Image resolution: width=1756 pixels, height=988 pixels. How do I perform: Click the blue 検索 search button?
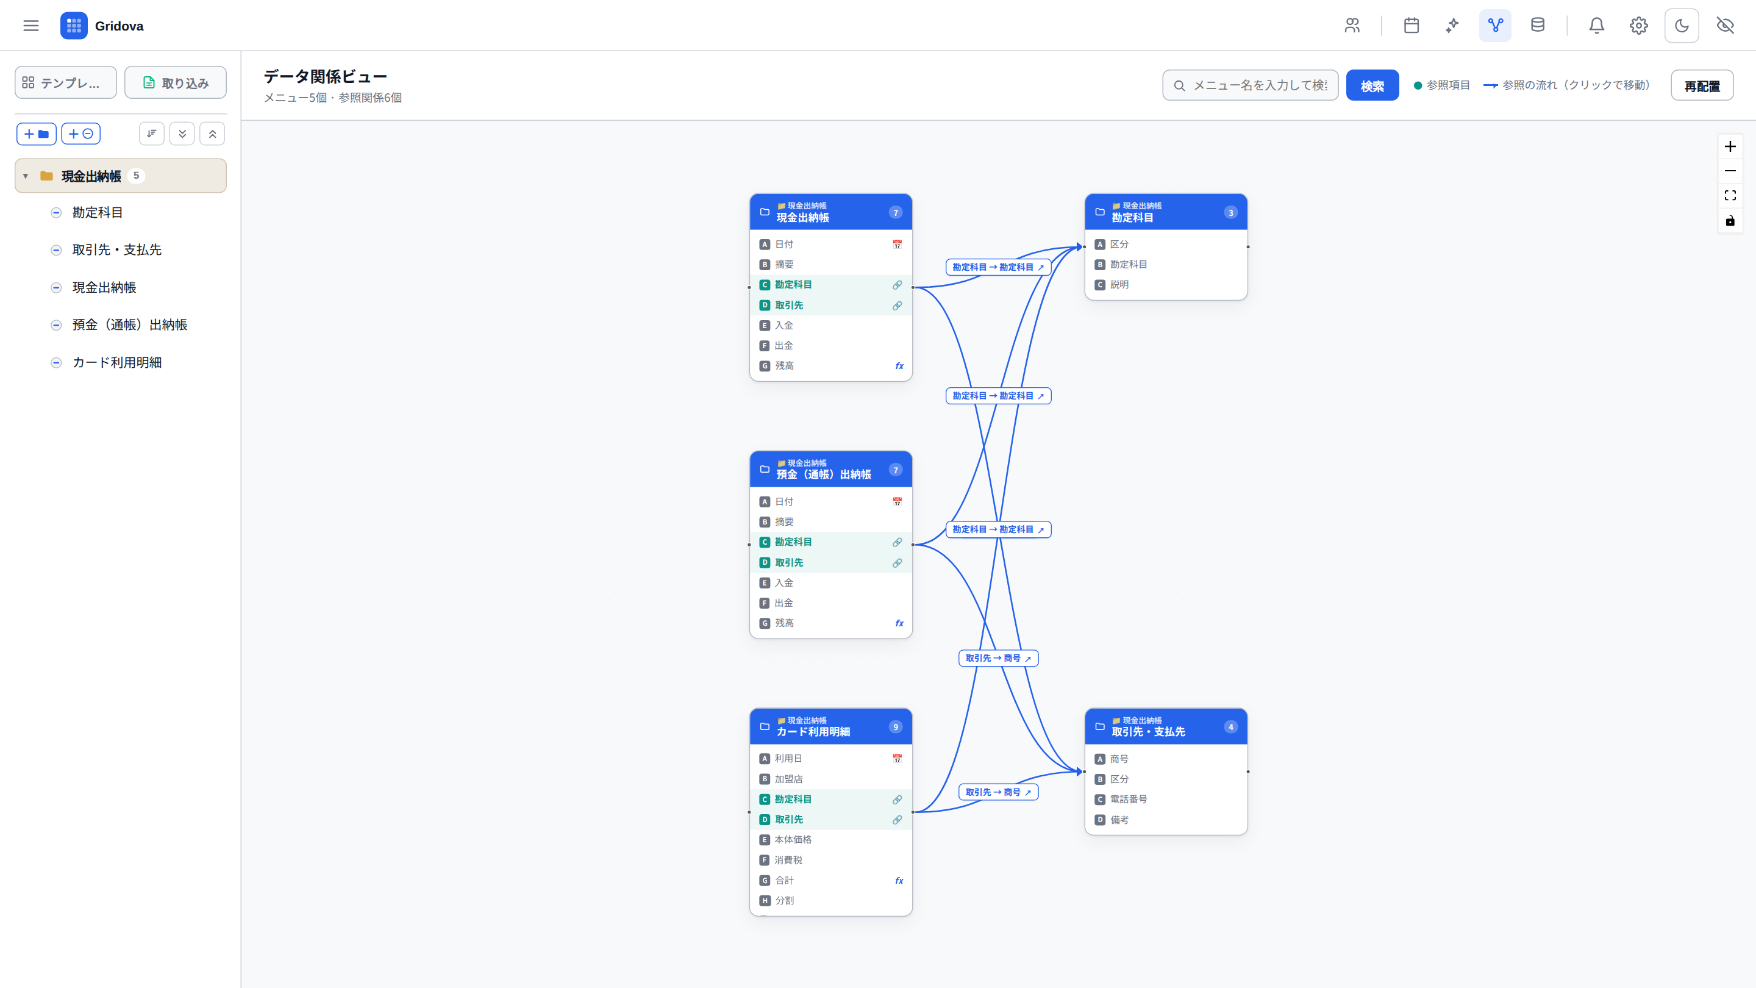(1371, 85)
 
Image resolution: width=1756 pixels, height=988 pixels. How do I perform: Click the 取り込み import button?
(175, 82)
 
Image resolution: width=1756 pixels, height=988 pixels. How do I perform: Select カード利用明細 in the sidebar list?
(116, 362)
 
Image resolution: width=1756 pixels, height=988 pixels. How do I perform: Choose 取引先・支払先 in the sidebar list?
(116, 249)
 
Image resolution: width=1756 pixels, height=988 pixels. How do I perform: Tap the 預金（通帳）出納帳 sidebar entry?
(129, 324)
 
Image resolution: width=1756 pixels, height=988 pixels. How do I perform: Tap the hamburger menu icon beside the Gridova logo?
(30, 26)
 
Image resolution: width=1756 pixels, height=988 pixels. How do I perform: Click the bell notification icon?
(1596, 26)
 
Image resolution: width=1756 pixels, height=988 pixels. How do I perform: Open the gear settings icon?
(1639, 26)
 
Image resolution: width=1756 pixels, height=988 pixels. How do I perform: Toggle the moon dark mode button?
(1682, 26)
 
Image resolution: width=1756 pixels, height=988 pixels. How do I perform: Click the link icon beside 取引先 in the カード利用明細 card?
(897, 820)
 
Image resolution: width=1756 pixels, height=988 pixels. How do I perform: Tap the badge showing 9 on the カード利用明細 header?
(896, 727)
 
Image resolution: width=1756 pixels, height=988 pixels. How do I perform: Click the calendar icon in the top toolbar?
(1411, 26)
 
